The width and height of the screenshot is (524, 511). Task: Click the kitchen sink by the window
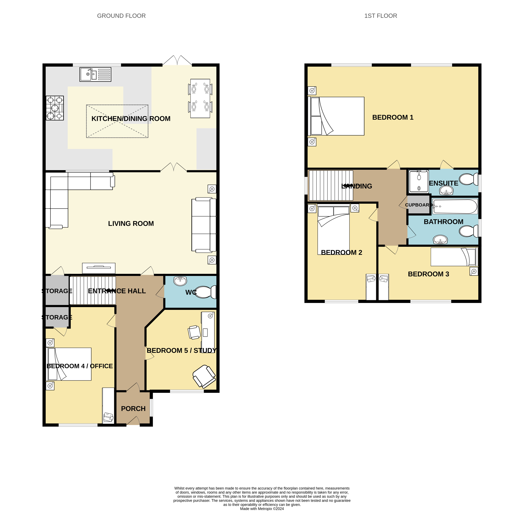[x=95, y=74]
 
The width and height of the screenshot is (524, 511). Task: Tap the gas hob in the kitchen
[x=55, y=108]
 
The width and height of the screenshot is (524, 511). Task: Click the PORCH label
[x=133, y=408]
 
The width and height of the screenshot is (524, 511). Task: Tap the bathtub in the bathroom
[x=455, y=206]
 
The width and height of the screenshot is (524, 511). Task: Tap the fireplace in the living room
[x=99, y=268]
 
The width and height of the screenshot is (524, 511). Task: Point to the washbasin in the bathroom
[x=440, y=239]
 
